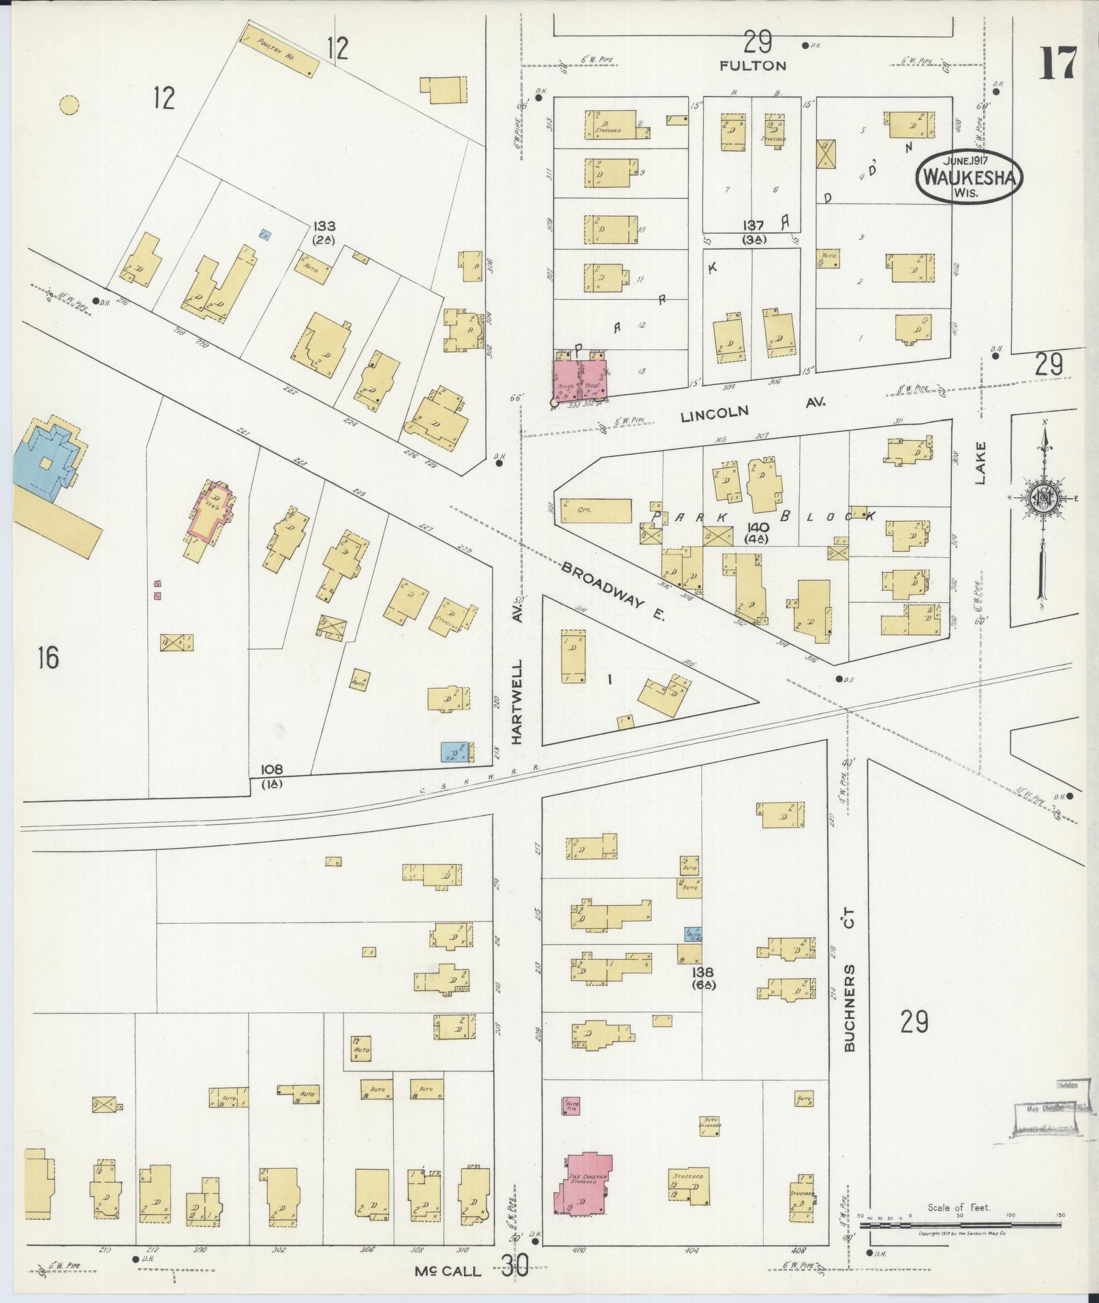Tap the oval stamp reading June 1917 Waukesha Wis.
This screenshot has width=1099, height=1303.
point(967,175)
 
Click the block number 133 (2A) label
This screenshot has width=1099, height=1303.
point(324,232)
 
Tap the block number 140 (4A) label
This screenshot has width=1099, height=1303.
point(758,533)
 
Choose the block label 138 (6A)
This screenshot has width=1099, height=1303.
point(702,979)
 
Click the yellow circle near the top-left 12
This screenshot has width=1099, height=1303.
point(69,105)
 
